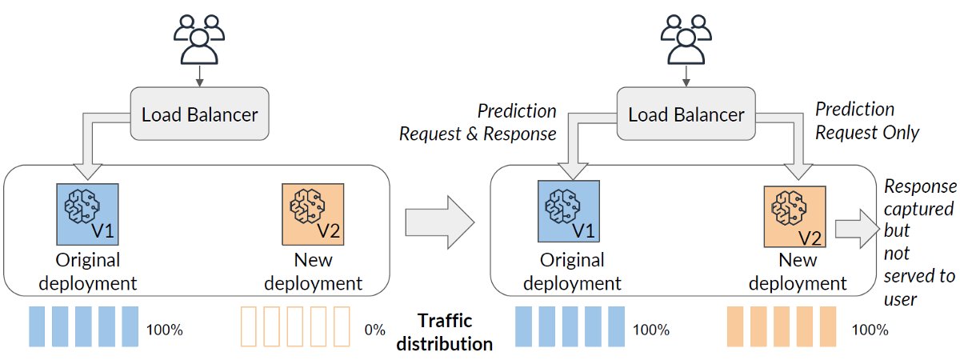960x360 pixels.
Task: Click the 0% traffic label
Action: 374,330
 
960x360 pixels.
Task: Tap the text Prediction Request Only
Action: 866,121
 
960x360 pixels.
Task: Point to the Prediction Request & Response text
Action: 478,122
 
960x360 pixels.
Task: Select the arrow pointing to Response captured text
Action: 856,228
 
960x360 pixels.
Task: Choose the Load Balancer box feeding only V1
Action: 199,114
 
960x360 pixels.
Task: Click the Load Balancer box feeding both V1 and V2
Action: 686,114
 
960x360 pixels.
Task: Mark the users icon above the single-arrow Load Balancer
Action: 198,38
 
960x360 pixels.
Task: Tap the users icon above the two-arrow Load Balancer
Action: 685,38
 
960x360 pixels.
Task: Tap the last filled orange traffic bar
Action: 826,326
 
